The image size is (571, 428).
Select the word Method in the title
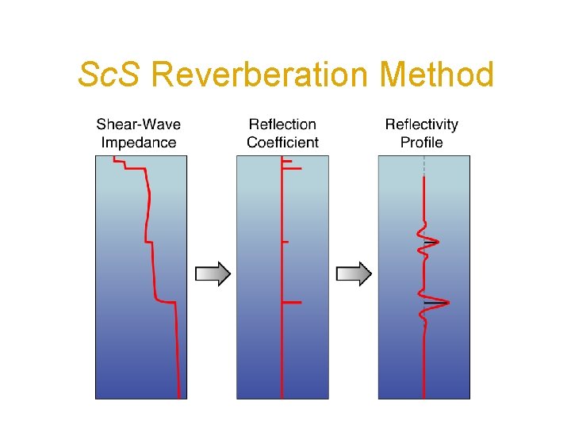coord(437,76)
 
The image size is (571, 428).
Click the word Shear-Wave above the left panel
coord(138,124)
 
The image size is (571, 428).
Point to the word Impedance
coord(138,143)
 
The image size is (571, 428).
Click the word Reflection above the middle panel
coord(282,124)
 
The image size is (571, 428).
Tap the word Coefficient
coord(282,143)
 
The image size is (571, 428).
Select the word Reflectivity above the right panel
coord(422,124)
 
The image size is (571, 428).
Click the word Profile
coord(422,143)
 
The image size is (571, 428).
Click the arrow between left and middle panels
coord(213,274)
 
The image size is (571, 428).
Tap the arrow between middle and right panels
coord(354,274)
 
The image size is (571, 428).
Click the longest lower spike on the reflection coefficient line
coord(292,303)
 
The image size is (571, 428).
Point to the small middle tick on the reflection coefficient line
coord(285,241)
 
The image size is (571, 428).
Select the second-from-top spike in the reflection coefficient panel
coord(292,168)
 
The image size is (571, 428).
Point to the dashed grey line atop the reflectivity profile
coord(424,166)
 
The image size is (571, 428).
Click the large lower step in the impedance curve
coord(165,301)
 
